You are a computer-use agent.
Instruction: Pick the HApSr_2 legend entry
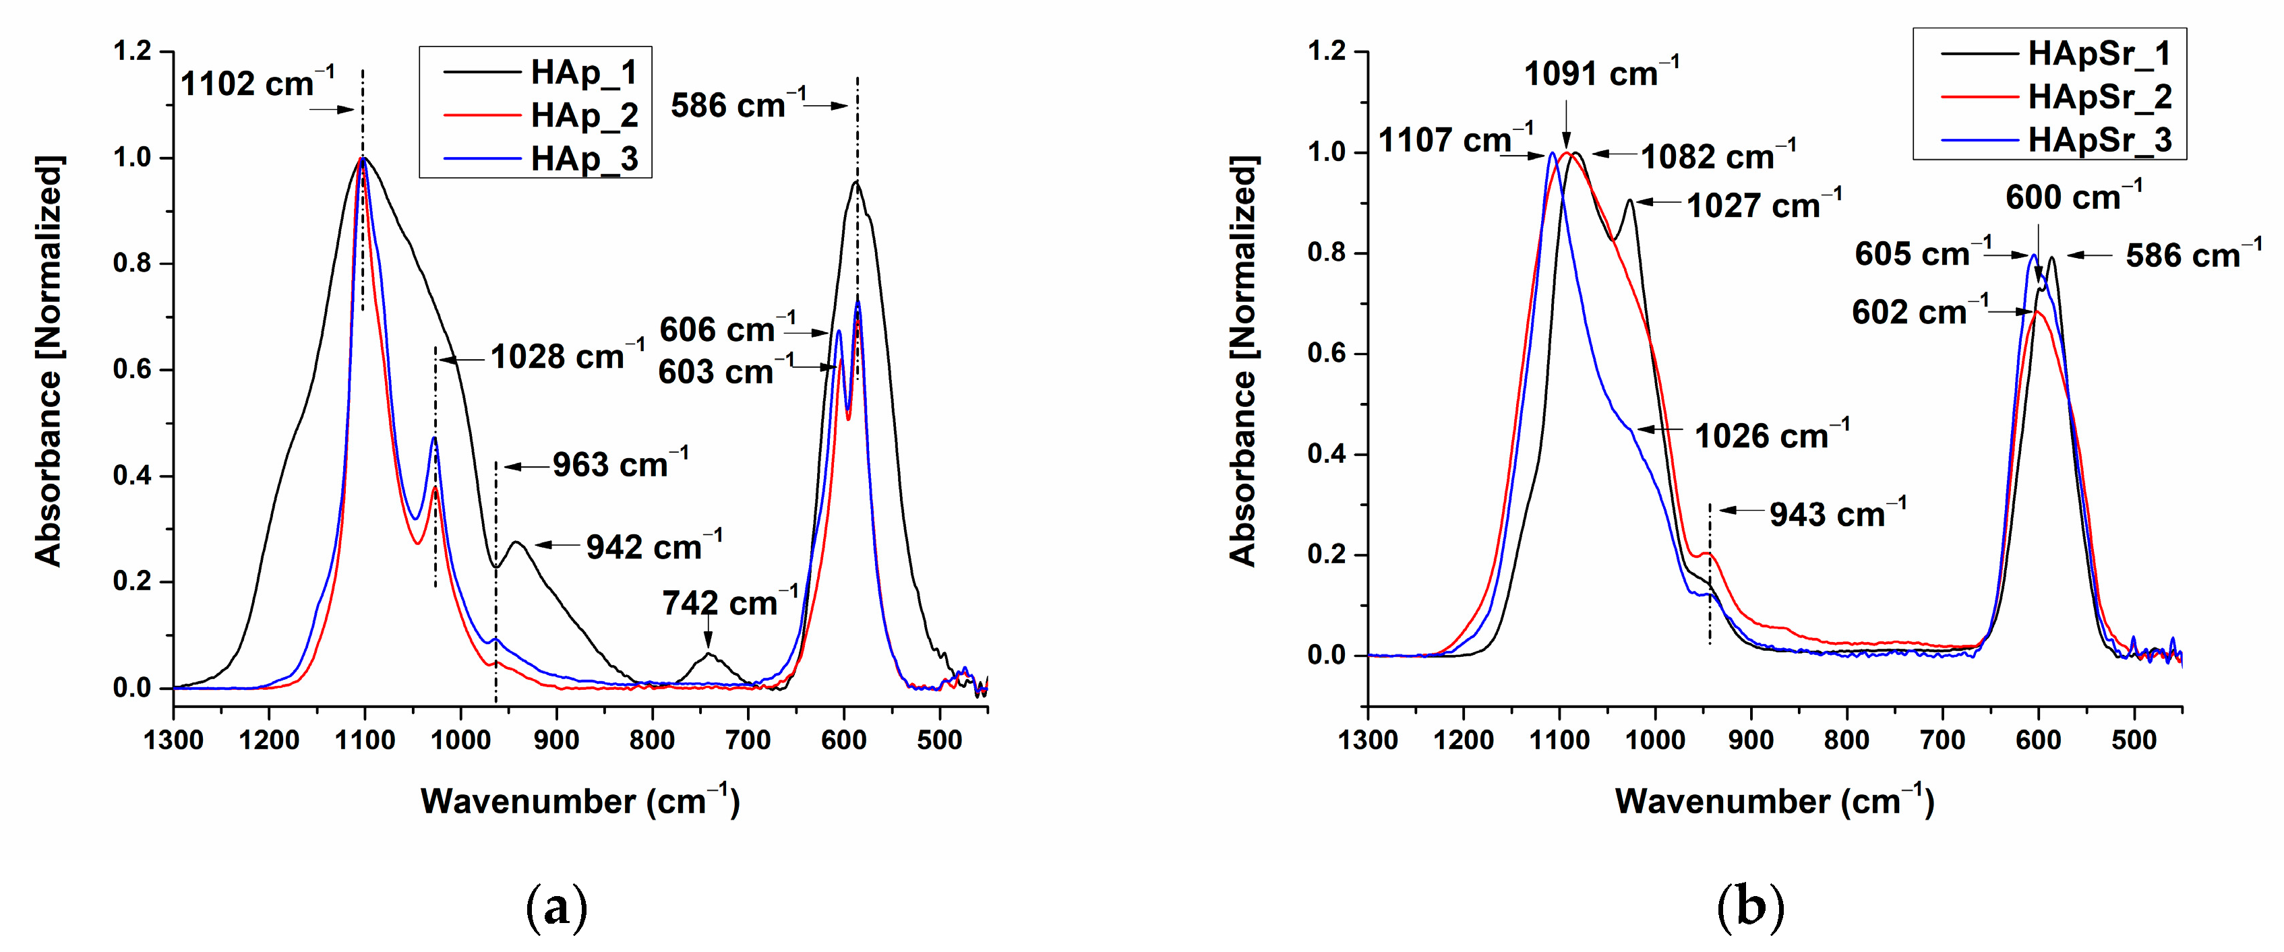(x=2099, y=96)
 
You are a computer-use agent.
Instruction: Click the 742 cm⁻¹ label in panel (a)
(x=729, y=604)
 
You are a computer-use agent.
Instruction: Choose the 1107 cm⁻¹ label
(x=1455, y=140)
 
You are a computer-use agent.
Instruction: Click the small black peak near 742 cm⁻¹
(x=709, y=655)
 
